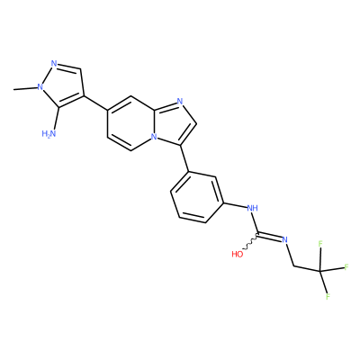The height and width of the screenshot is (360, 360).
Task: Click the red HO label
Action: tap(238, 255)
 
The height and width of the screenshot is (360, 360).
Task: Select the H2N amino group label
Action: tap(49, 133)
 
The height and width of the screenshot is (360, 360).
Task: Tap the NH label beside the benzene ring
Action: tap(252, 208)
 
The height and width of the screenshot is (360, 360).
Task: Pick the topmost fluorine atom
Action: tap(320, 244)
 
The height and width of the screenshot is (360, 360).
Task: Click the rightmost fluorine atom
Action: tap(346, 266)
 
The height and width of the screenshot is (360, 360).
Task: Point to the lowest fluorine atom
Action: tap(328, 297)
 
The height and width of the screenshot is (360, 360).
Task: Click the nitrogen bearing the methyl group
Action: tap(39, 87)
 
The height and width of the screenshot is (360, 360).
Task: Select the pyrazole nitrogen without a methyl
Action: tap(54, 64)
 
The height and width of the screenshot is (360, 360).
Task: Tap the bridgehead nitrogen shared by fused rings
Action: tap(154, 137)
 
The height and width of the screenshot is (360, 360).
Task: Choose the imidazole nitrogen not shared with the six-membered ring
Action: tap(180, 102)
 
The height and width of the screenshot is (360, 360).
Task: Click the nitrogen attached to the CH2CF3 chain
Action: tap(285, 239)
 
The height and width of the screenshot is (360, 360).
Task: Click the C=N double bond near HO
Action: tap(270, 236)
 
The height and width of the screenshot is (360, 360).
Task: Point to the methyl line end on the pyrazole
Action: tap(13, 90)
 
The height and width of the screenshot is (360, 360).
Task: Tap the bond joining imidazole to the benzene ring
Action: tap(184, 158)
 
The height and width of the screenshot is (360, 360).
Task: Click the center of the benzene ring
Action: tap(197, 197)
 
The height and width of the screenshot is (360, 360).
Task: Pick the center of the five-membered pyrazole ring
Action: tap(63, 85)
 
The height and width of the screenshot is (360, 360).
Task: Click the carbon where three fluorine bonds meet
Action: tap(319, 272)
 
